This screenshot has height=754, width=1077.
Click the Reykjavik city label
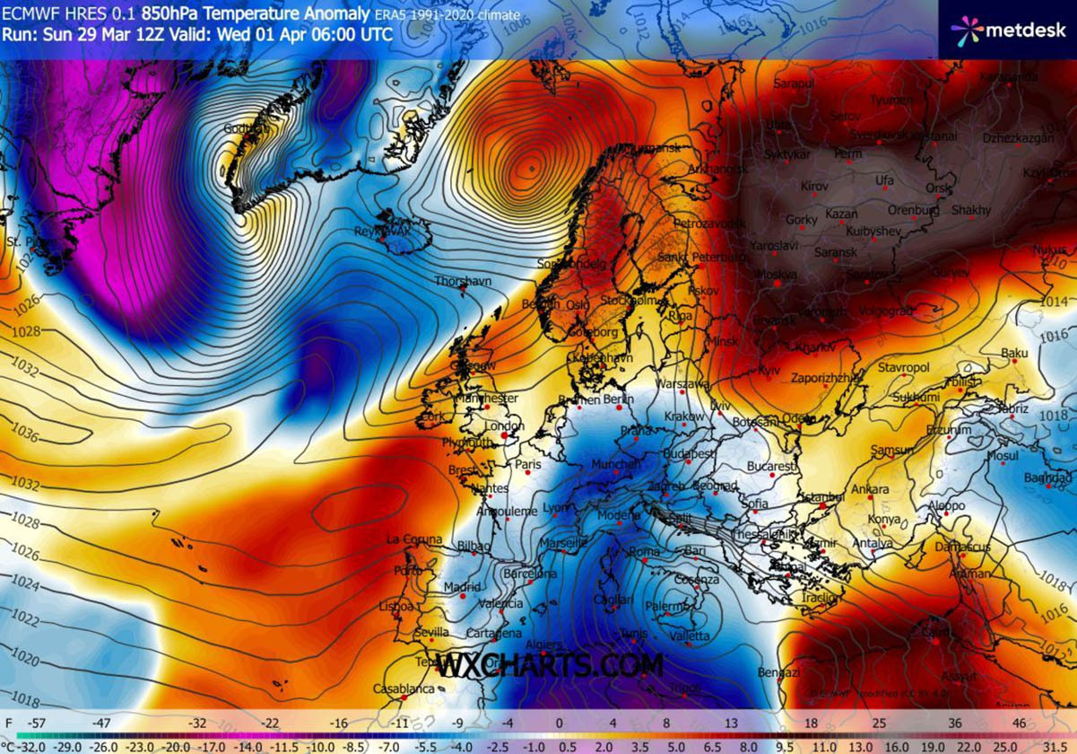pos(381,232)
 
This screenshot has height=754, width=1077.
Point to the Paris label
pos(529,464)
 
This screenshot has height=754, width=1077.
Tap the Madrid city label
pos(462,587)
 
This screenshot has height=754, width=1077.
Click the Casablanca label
pos(403,689)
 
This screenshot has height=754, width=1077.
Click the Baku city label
pos(1014,354)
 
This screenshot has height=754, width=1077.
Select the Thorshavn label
pos(463,281)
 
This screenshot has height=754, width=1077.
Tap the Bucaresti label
pos(771,467)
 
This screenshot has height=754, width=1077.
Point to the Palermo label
pos(664,607)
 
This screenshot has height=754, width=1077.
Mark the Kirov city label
pos(814,186)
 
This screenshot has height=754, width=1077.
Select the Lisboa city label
pos(395,606)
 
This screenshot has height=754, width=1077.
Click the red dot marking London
pos(504,436)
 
